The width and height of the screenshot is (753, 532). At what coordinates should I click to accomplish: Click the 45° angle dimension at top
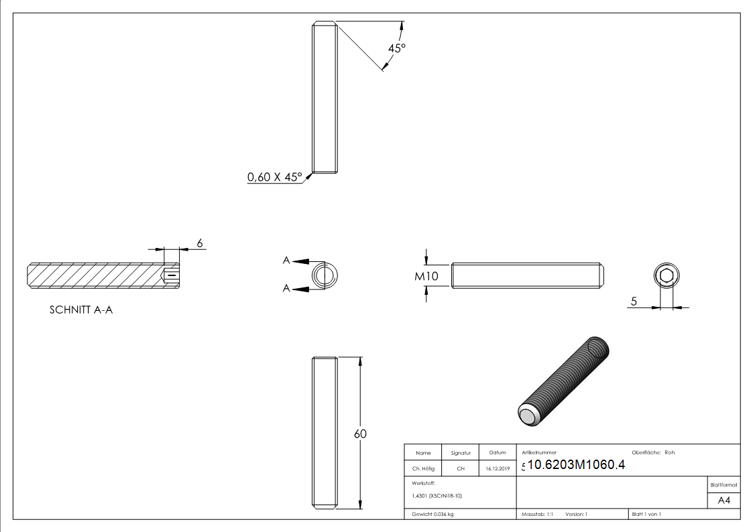point(397,48)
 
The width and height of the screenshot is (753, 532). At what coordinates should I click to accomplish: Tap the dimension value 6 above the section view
point(199,243)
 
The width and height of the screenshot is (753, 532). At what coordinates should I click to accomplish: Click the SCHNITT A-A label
point(81,310)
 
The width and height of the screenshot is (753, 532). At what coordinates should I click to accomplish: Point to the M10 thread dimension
point(426,275)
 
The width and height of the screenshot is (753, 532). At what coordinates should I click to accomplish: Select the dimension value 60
point(360,434)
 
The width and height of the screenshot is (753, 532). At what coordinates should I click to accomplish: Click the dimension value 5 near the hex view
point(633,302)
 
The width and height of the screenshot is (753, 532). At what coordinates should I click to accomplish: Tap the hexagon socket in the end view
point(666,276)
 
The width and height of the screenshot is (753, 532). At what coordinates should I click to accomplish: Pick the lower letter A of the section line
point(286,289)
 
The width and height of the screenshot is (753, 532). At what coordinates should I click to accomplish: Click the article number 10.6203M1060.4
point(576,465)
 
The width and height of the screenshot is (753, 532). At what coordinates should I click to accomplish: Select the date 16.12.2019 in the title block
point(498,469)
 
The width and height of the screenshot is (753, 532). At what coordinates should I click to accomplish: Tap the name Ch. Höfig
point(423,469)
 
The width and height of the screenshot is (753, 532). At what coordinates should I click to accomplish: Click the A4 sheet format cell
point(723,501)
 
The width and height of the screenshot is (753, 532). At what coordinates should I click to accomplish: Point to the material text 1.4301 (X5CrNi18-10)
point(437,495)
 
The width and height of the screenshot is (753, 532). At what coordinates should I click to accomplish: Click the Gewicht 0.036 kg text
point(432,514)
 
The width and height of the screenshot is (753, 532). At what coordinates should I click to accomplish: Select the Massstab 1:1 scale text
point(537,514)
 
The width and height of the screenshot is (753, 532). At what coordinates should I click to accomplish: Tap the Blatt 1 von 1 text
point(646,514)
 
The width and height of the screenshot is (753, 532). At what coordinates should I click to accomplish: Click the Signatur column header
point(461,453)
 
